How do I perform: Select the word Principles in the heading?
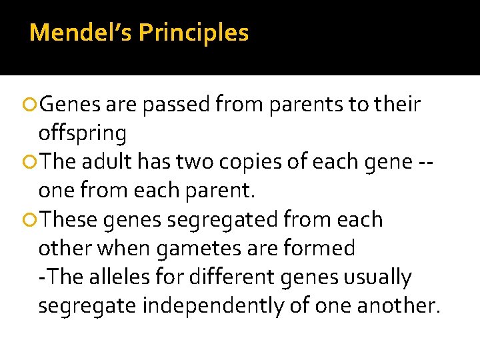[194, 32]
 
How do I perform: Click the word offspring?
[83, 133]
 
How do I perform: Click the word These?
[71, 219]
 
